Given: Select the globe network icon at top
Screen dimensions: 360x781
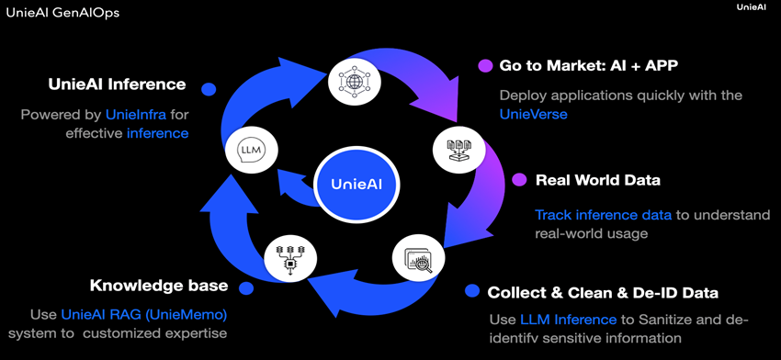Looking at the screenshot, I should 354,80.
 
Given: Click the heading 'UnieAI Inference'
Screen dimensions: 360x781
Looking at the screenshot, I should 117,85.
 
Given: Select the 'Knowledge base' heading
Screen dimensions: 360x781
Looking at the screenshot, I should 158,286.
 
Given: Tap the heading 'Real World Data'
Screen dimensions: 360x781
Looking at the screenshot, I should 598,180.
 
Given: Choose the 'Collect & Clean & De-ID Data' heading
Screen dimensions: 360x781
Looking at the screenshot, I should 603,293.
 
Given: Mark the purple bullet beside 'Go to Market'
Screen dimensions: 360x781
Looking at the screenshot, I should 485,66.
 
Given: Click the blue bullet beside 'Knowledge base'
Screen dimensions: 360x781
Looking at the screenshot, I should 246,287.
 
